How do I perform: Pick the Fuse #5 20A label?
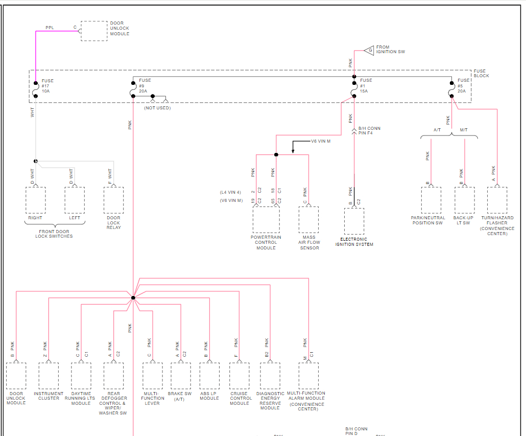(x=463, y=85)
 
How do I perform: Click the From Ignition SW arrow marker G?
(x=370, y=50)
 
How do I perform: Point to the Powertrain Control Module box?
(x=266, y=220)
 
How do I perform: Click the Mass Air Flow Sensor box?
(x=309, y=220)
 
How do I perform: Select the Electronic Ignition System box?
(x=354, y=221)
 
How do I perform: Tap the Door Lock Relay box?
(x=113, y=200)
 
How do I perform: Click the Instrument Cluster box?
(x=49, y=376)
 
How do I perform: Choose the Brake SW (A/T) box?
(x=180, y=376)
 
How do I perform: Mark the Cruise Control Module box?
(x=240, y=376)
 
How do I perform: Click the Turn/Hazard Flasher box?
(x=497, y=200)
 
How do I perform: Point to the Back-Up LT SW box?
(x=464, y=200)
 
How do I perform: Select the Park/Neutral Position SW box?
(x=431, y=200)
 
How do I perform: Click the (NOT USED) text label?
(x=157, y=108)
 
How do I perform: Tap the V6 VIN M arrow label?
(x=321, y=141)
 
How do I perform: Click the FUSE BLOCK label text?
(x=481, y=73)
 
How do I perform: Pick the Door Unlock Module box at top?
(x=94, y=31)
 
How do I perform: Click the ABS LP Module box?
(x=209, y=376)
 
